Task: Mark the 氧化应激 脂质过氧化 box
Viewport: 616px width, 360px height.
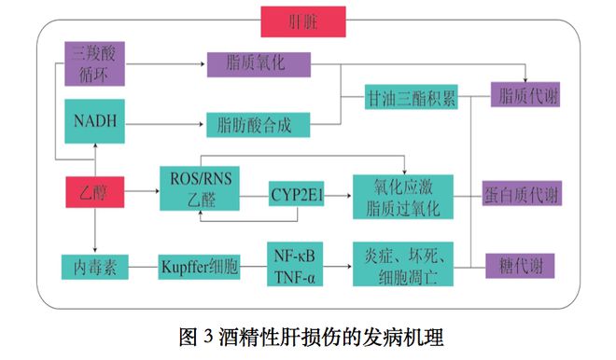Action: click(x=402, y=194)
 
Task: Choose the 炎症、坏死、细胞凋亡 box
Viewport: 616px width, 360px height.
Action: click(x=402, y=266)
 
